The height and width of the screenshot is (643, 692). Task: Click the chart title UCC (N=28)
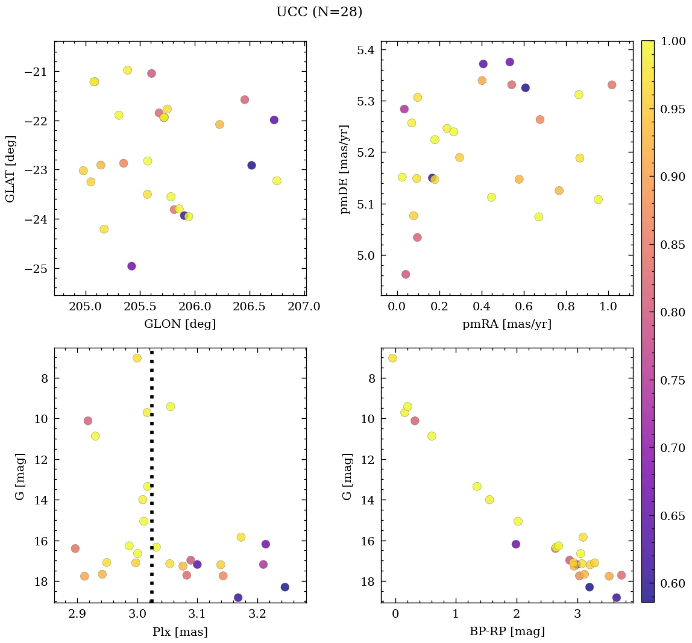coord(319,12)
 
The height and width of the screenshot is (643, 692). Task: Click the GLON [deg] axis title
coord(180,324)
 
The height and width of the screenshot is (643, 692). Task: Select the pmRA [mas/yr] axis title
coord(506,324)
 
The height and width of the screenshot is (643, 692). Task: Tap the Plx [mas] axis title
coord(180,632)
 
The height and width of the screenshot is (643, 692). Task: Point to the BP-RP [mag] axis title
coord(506,632)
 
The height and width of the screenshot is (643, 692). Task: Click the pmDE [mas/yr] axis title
coord(344,169)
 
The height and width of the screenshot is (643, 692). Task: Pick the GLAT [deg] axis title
coord(10,169)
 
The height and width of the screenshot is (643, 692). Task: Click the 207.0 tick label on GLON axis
coord(304,307)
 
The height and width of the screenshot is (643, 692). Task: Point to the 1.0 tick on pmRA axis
coord(608,307)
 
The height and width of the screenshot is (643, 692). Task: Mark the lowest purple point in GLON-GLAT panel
coord(131,266)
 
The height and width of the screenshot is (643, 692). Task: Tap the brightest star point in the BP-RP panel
coord(392,358)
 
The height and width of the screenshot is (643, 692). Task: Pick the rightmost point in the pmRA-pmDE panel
coord(612,85)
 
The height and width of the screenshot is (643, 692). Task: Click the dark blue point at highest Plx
coord(285,587)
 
